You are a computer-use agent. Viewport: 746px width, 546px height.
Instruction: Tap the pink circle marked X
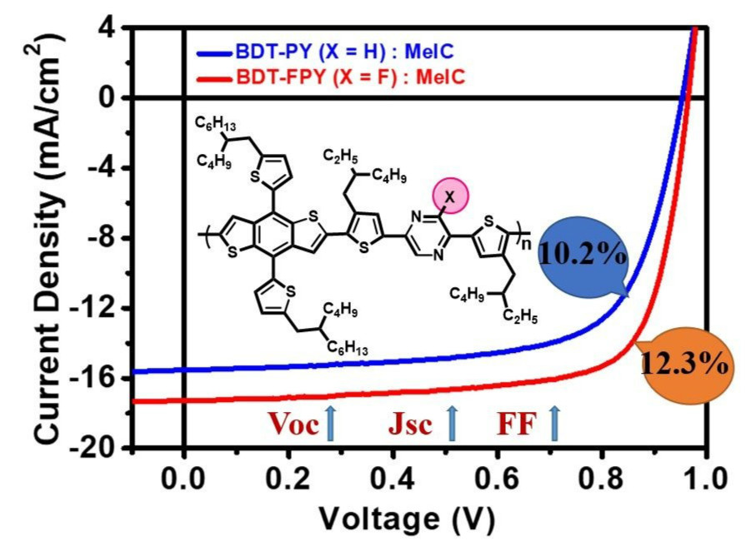point(450,198)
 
